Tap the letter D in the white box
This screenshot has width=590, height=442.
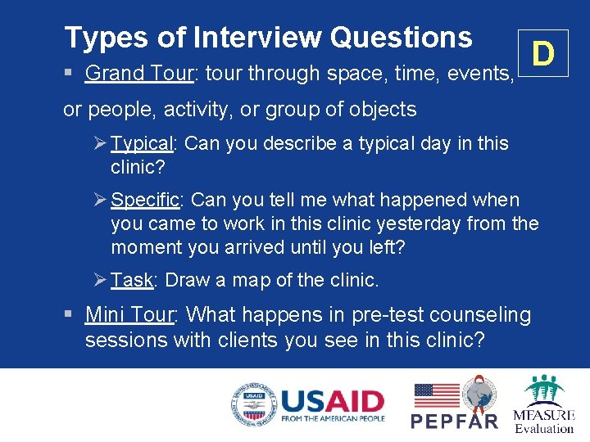pos(542,54)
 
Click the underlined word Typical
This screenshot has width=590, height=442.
pos(142,144)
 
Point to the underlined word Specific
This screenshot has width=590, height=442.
pos(145,200)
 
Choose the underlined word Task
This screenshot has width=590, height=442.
pos(132,280)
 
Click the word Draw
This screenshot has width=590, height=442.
pos(187,280)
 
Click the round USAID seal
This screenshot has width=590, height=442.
pos(253,404)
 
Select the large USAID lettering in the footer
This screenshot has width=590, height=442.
pos(333,400)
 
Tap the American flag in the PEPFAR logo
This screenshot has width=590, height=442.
pos(437,396)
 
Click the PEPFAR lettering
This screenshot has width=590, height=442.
pos(454,422)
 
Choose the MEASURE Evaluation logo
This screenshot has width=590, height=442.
pos(543,404)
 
